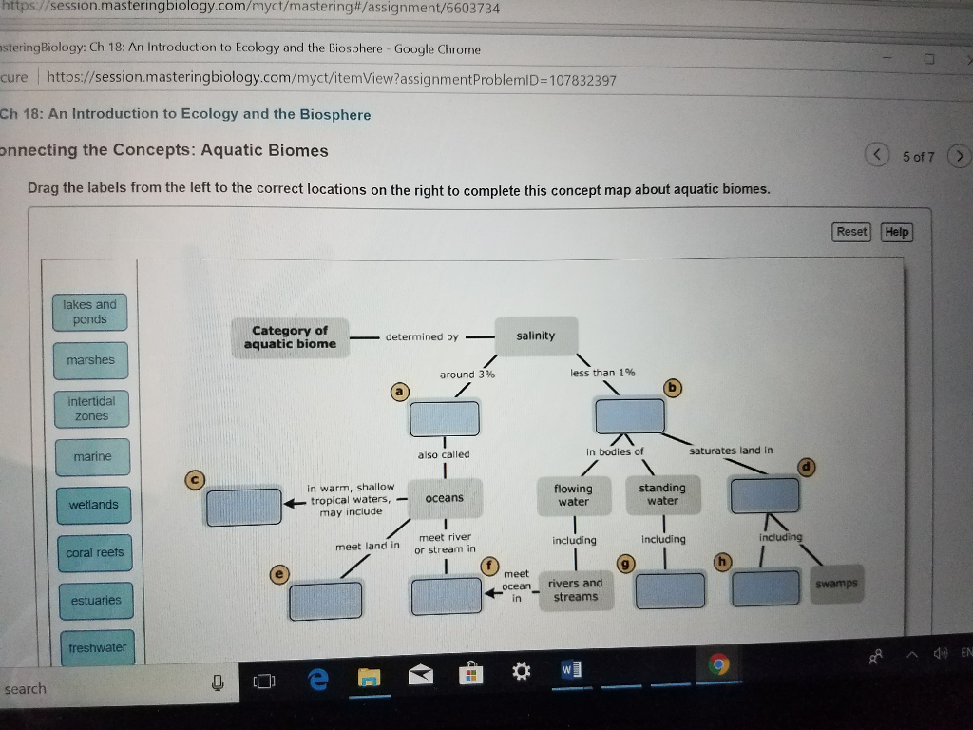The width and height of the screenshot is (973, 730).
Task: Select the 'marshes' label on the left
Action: [90, 361]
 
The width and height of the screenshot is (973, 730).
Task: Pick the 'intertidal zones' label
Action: [90, 410]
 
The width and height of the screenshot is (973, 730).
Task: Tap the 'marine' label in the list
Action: [92, 457]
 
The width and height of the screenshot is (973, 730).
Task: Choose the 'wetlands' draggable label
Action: [93, 505]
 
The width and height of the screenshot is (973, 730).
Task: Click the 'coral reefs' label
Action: [94, 553]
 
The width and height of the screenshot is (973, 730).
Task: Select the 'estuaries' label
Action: [96, 601]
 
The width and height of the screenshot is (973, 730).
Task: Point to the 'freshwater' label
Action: [97, 648]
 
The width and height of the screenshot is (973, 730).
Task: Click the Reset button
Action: [851, 232]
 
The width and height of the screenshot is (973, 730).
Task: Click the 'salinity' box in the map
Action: [536, 336]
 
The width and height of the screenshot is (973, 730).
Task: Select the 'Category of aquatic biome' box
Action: [290, 337]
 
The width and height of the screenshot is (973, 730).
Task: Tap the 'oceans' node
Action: [445, 498]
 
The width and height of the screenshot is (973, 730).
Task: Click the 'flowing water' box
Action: [573, 495]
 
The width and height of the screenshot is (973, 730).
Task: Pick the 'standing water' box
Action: [662, 494]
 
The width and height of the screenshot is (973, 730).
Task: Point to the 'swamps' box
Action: [836, 583]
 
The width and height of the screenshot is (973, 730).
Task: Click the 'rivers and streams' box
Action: [575, 590]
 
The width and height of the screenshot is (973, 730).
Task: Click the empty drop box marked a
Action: [444, 418]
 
